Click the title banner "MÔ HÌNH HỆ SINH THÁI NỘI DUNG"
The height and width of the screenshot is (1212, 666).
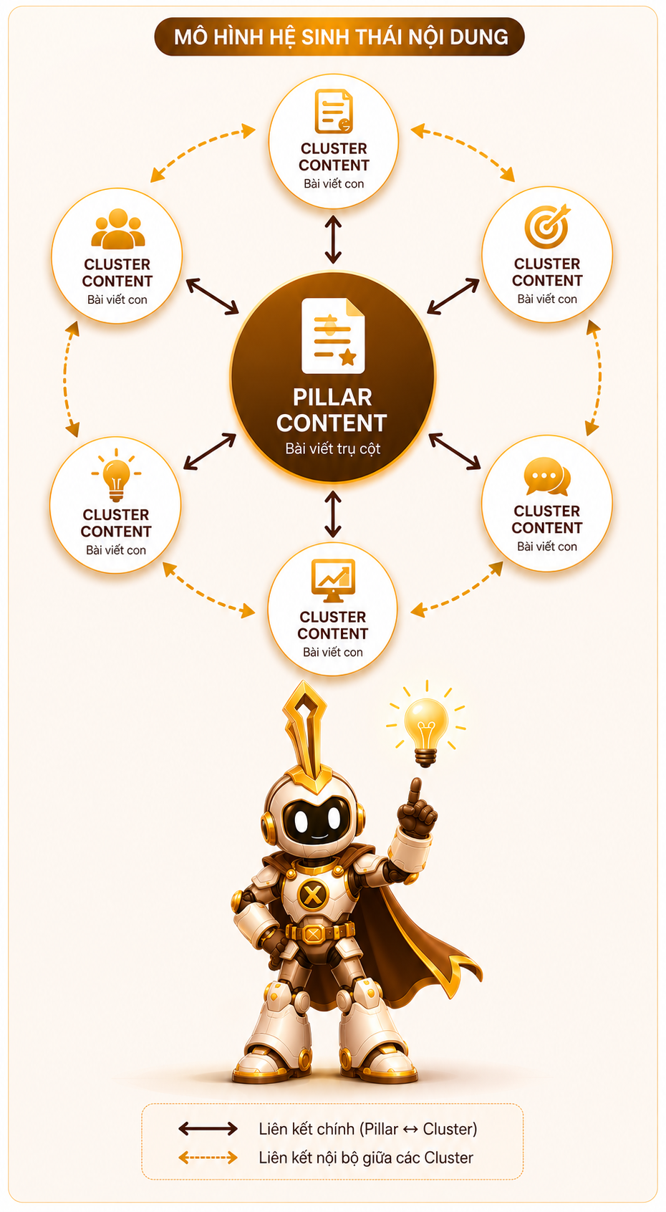point(339,37)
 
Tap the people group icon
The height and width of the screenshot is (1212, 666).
point(118,229)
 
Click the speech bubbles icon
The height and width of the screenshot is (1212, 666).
point(547,476)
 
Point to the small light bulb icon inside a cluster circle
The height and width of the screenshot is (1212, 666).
point(116,475)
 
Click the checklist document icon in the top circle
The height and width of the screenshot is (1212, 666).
point(334,112)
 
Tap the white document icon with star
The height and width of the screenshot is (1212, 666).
point(333,335)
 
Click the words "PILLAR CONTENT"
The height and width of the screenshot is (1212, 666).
point(332,410)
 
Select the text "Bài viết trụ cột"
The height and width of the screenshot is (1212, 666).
point(333,448)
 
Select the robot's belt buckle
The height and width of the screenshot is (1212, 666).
point(313,933)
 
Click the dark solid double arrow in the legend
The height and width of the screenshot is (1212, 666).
point(208,1129)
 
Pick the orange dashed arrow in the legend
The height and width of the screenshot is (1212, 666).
point(208,1158)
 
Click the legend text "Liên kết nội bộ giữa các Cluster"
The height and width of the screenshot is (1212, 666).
point(366,1158)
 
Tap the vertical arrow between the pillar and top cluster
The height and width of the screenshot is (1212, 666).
point(333,239)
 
